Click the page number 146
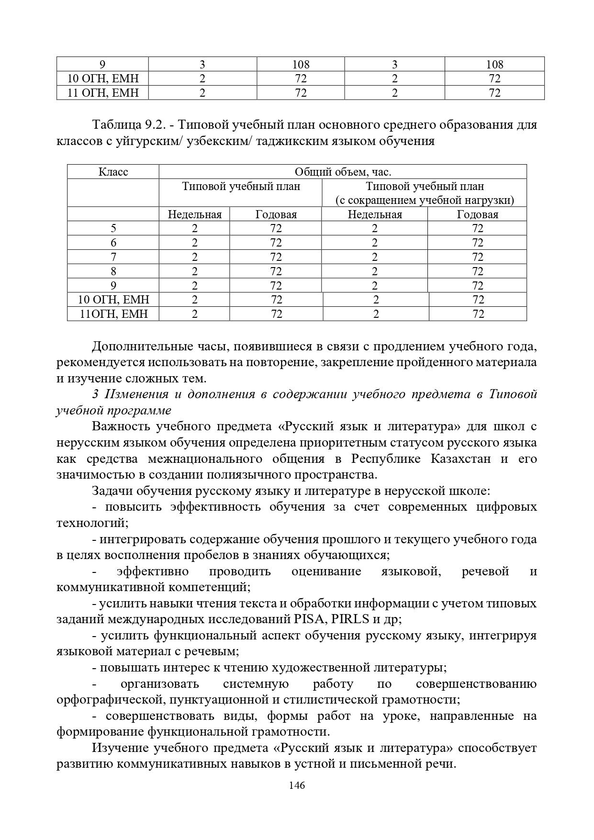coord(297,785)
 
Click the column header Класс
coord(113,172)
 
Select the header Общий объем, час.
coord(343,172)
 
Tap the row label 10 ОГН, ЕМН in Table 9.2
coord(113,300)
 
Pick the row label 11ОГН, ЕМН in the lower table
coord(113,314)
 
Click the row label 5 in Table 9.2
coord(113,228)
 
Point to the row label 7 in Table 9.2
coord(113,257)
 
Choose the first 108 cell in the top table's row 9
coord(301,64)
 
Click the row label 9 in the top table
coord(102,64)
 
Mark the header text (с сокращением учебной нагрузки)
coord(425,200)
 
